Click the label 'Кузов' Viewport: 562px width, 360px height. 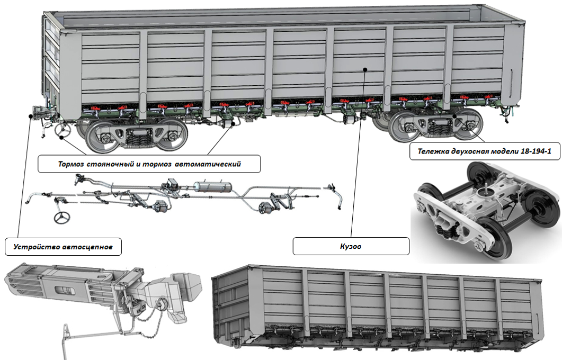(351, 247)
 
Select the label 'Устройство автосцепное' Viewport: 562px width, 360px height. (63, 247)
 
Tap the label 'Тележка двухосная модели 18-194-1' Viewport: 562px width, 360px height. (484, 151)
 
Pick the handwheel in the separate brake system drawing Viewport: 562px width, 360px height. (62, 217)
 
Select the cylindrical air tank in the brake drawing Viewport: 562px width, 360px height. (212, 187)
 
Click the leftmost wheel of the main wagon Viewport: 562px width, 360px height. (101, 137)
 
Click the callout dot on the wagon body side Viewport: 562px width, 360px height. (365, 69)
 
